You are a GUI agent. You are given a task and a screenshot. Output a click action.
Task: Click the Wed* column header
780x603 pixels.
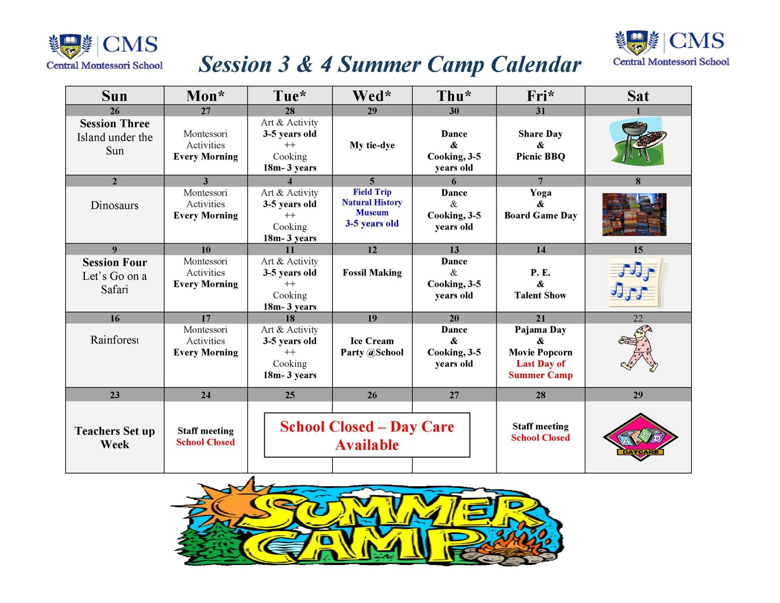click(372, 96)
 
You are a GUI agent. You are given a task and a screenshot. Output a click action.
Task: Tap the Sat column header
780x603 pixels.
click(638, 96)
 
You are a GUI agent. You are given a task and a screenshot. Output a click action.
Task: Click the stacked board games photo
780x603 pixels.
click(634, 214)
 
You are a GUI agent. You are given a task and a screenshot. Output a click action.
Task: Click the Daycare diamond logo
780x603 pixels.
click(641, 437)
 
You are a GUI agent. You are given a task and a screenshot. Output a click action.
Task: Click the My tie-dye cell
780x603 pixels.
click(372, 145)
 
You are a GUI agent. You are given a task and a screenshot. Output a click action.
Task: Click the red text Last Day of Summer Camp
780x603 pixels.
click(540, 369)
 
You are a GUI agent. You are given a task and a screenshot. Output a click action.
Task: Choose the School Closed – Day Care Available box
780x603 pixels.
click(367, 435)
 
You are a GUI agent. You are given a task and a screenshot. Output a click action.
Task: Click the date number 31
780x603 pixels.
click(540, 111)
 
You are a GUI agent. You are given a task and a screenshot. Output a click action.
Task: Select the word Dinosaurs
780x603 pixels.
click(115, 205)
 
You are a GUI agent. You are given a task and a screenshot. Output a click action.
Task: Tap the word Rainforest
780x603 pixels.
click(115, 340)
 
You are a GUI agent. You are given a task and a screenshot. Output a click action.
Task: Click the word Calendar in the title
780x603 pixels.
click(536, 65)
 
